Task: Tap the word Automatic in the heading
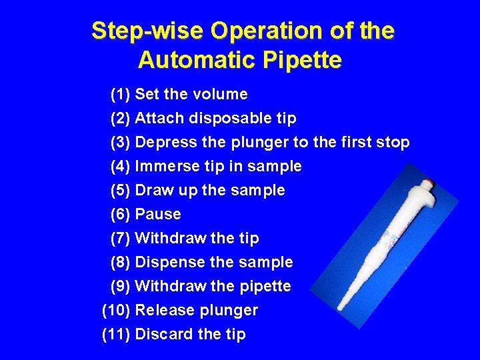(x=197, y=59)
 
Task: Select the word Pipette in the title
(x=303, y=59)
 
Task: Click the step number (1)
(x=120, y=94)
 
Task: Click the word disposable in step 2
(x=230, y=118)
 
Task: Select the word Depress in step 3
(x=165, y=142)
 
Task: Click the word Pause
(x=158, y=214)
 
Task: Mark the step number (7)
(x=120, y=238)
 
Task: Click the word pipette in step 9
(x=265, y=286)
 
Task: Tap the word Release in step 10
(x=165, y=310)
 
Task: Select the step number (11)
(x=116, y=334)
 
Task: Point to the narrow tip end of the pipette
(x=339, y=308)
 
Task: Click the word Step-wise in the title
(x=147, y=31)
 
